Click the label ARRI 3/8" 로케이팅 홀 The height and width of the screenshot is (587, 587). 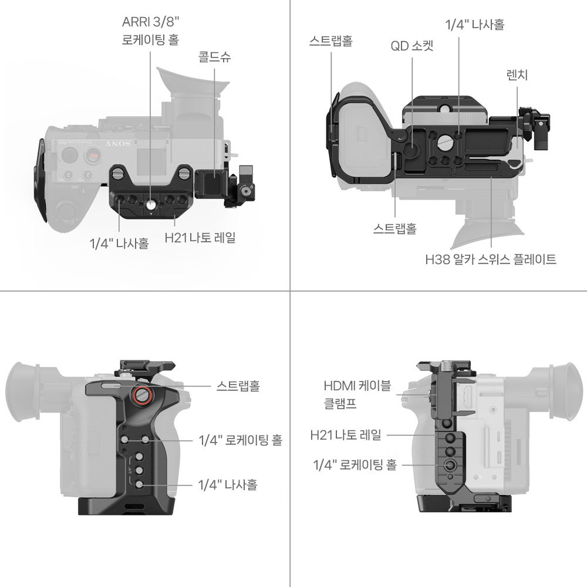click(150, 31)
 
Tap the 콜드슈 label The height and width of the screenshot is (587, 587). click(214, 57)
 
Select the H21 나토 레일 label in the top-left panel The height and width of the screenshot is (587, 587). click(200, 237)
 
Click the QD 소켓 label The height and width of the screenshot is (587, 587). click(412, 46)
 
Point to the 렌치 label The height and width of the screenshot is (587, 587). click(517, 75)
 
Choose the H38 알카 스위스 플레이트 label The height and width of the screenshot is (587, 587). click(490, 259)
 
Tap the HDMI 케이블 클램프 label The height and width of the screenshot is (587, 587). click(357, 394)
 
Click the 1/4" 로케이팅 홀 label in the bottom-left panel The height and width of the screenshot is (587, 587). click(240, 440)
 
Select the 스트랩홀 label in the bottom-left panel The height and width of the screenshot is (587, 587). click(238, 386)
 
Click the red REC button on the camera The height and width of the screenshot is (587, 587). click(93, 154)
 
